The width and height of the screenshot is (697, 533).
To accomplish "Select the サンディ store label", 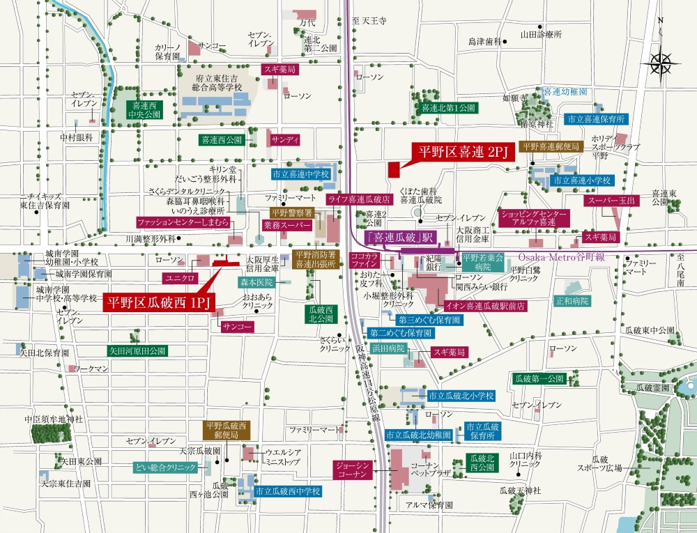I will tap(286, 139).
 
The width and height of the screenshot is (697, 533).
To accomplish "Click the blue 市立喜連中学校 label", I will tap(301, 174).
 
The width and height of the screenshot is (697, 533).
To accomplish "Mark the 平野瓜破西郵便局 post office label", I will tap(225, 430).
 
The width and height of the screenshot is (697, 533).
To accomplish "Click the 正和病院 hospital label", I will tap(572, 302).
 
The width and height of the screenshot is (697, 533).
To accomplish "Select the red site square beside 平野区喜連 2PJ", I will tap(394, 169).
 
